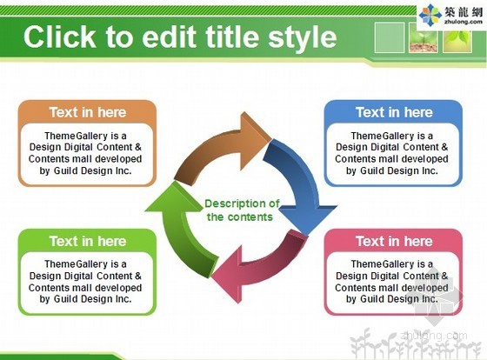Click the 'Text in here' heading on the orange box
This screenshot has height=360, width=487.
click(x=88, y=112)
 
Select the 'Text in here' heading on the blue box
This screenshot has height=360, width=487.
click(x=394, y=112)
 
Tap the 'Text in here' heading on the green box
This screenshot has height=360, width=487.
click(x=88, y=241)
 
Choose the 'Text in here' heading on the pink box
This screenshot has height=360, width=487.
click(x=394, y=241)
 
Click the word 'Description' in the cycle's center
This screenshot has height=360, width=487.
click(x=235, y=203)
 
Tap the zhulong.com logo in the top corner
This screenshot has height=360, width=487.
click(x=451, y=14)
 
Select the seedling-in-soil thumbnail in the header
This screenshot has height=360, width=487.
click(x=424, y=37)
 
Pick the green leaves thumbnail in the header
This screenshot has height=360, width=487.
click(x=457, y=39)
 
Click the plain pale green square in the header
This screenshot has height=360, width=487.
click(x=390, y=37)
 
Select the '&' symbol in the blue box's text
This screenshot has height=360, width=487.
click(x=444, y=147)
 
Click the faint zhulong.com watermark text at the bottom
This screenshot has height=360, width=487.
click(x=434, y=335)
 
